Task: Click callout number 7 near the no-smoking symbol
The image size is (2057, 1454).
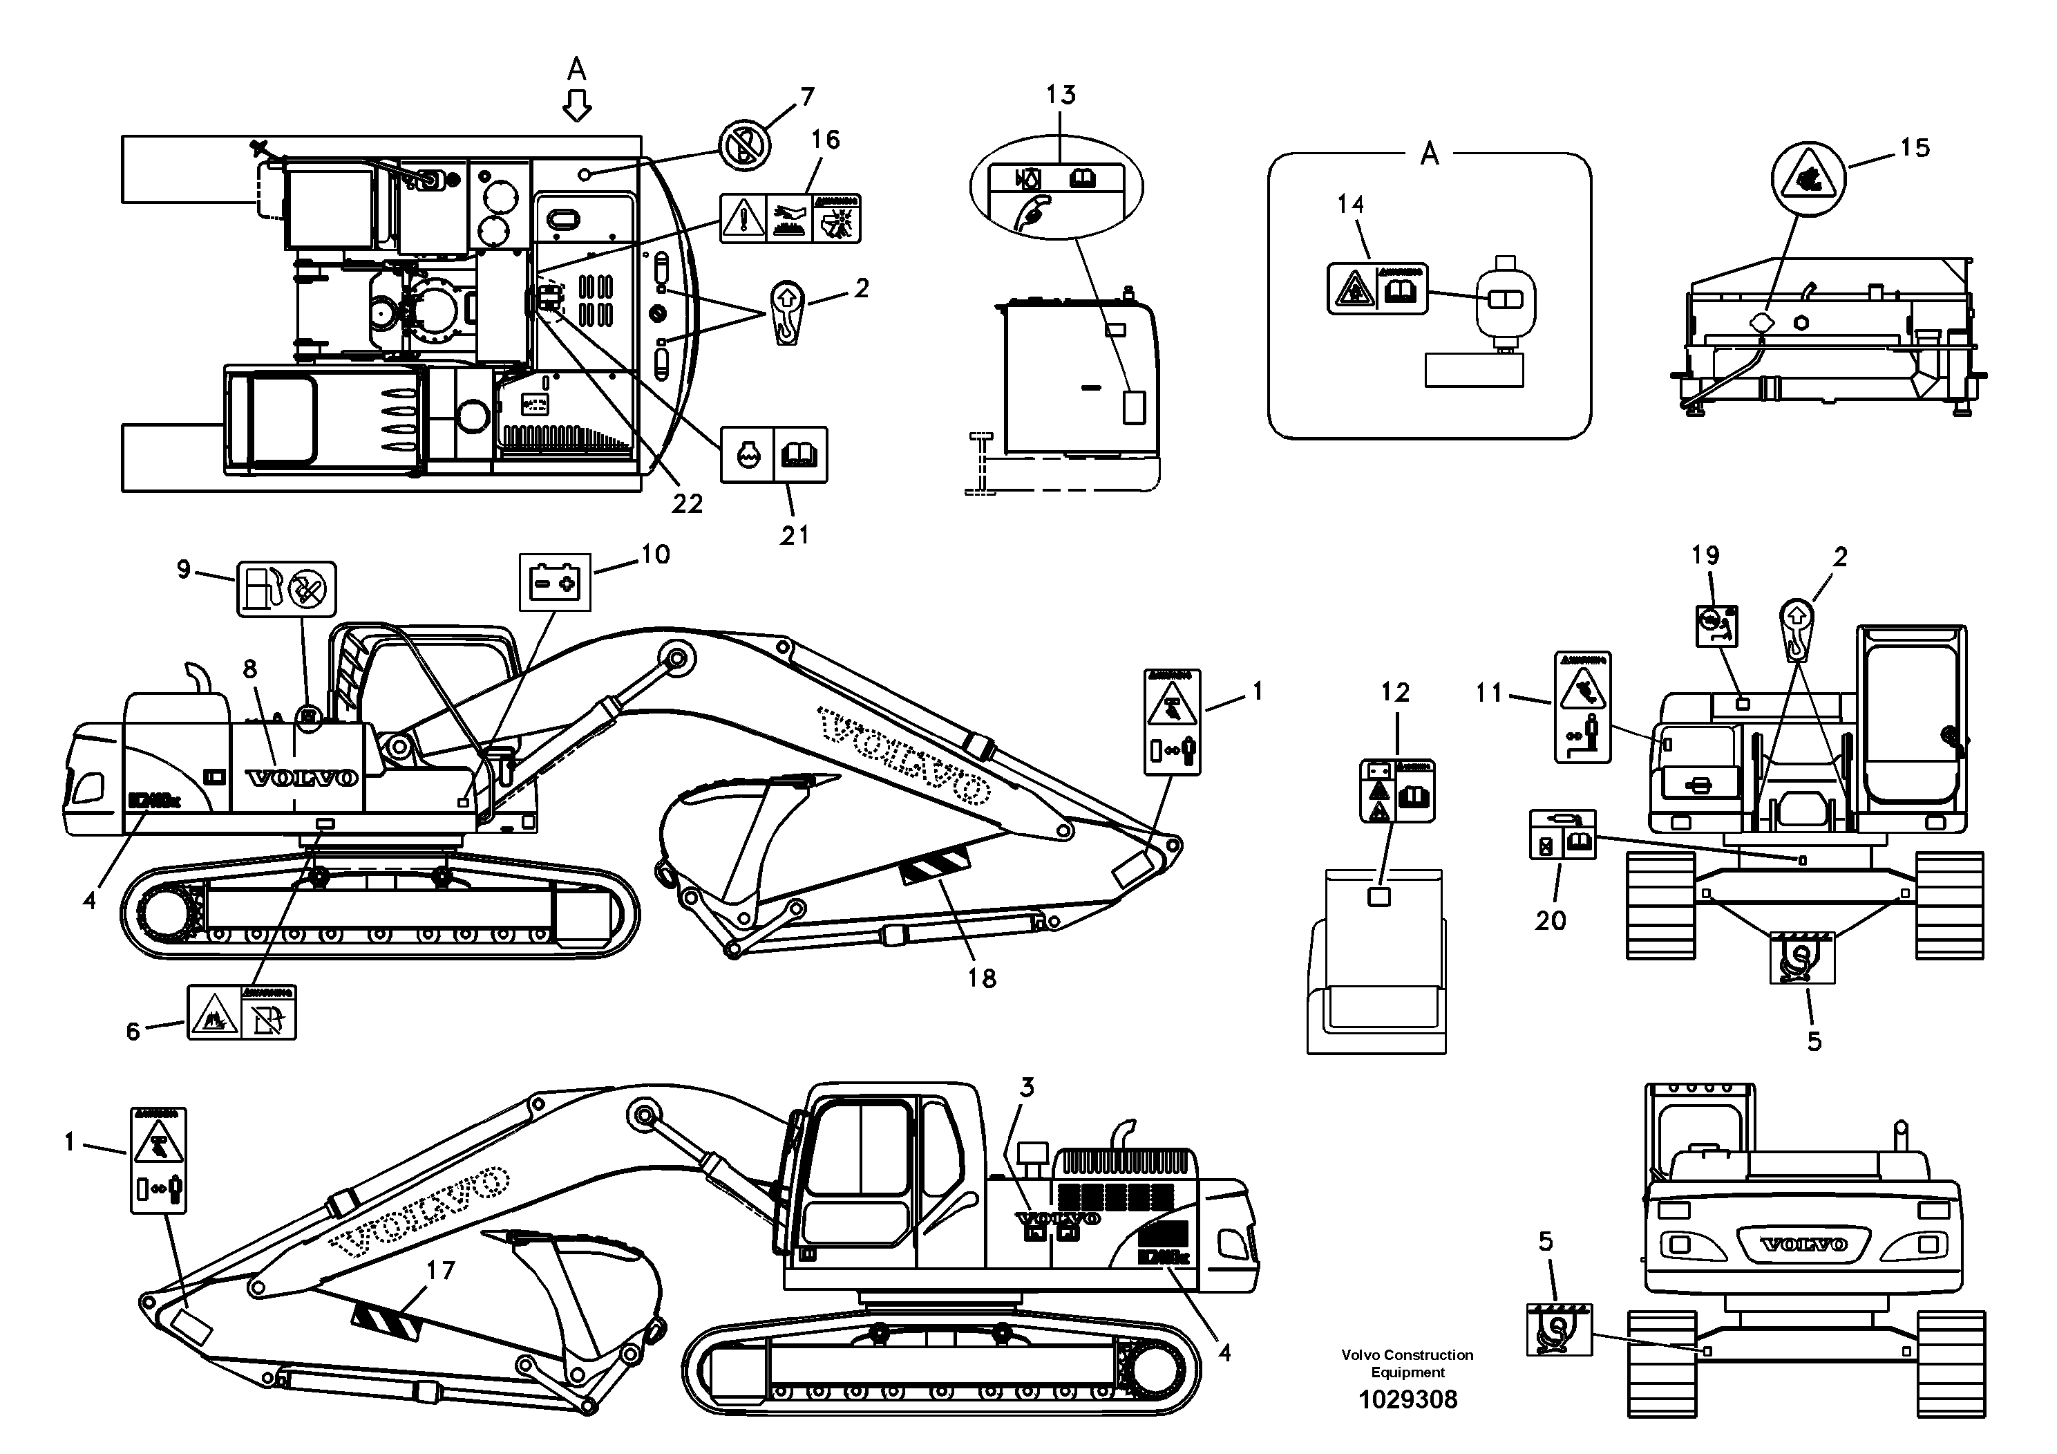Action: (807, 96)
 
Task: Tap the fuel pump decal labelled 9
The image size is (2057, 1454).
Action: (286, 589)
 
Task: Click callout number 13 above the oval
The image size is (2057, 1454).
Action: (1061, 95)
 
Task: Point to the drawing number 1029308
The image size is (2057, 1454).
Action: (1407, 1399)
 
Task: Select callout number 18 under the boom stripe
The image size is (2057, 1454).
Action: (982, 978)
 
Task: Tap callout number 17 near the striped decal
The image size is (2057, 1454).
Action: (441, 1269)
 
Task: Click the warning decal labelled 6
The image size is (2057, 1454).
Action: (242, 1012)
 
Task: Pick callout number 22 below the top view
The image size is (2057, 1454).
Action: (687, 504)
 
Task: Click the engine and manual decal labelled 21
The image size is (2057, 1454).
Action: (774, 454)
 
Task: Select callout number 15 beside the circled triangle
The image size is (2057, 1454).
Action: (1915, 148)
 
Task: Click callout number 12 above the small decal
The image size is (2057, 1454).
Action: (1395, 692)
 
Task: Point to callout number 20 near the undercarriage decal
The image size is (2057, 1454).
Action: (1550, 921)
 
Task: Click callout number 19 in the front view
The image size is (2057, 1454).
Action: (1705, 556)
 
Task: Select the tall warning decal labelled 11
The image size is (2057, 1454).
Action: (1582, 707)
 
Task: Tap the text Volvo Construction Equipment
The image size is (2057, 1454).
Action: (1407, 1363)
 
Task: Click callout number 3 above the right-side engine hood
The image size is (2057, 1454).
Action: (1027, 1088)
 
